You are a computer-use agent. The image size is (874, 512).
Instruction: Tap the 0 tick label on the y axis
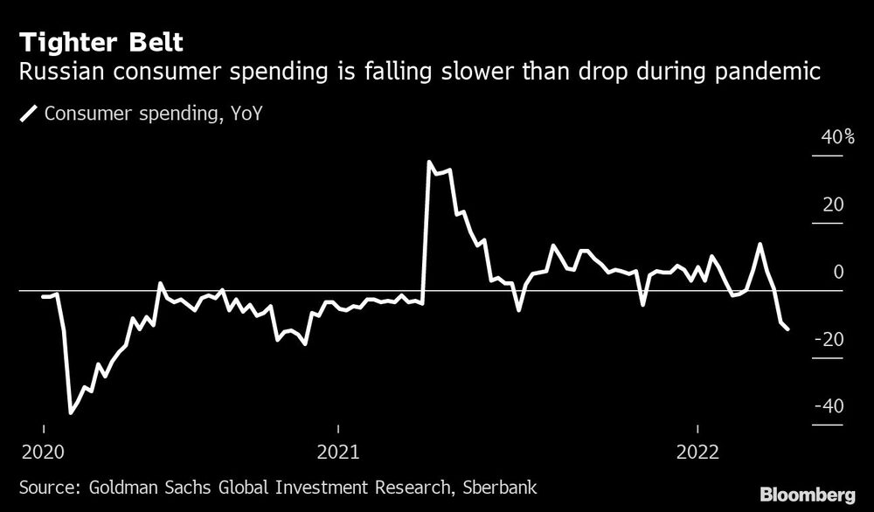coord(837,273)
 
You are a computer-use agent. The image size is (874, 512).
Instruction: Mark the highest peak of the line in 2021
coord(429,162)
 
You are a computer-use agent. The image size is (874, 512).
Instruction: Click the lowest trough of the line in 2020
coord(71,412)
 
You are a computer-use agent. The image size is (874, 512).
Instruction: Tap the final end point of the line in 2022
coord(788,329)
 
